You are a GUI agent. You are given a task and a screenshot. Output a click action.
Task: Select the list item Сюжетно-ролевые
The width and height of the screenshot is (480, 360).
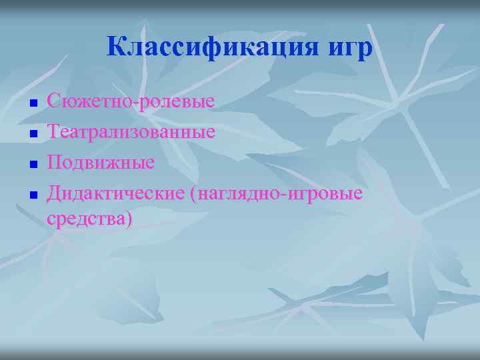[x=131, y=102]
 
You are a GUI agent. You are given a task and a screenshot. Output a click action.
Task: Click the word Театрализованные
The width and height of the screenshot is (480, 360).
[x=131, y=132]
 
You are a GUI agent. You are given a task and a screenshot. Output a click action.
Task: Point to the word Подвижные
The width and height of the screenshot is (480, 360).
[x=101, y=162]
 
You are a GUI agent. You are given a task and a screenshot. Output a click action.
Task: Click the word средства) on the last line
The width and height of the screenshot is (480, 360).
[x=90, y=218]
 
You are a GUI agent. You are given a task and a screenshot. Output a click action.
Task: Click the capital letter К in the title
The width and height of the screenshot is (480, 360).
[x=118, y=48]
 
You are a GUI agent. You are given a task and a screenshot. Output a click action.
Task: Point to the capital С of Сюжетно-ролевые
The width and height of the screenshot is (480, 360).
[x=53, y=102]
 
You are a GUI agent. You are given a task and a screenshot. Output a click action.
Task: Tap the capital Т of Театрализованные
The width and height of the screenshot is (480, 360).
[x=53, y=132]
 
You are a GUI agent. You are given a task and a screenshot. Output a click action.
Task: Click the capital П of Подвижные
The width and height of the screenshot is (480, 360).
[x=53, y=162]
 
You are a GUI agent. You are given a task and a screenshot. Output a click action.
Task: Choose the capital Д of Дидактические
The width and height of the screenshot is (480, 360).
[x=53, y=193]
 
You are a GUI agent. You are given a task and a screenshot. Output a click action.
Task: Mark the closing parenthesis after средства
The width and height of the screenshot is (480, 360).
[x=129, y=219]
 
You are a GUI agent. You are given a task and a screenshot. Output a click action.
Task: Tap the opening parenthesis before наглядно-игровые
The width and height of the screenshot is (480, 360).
[x=193, y=194]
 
